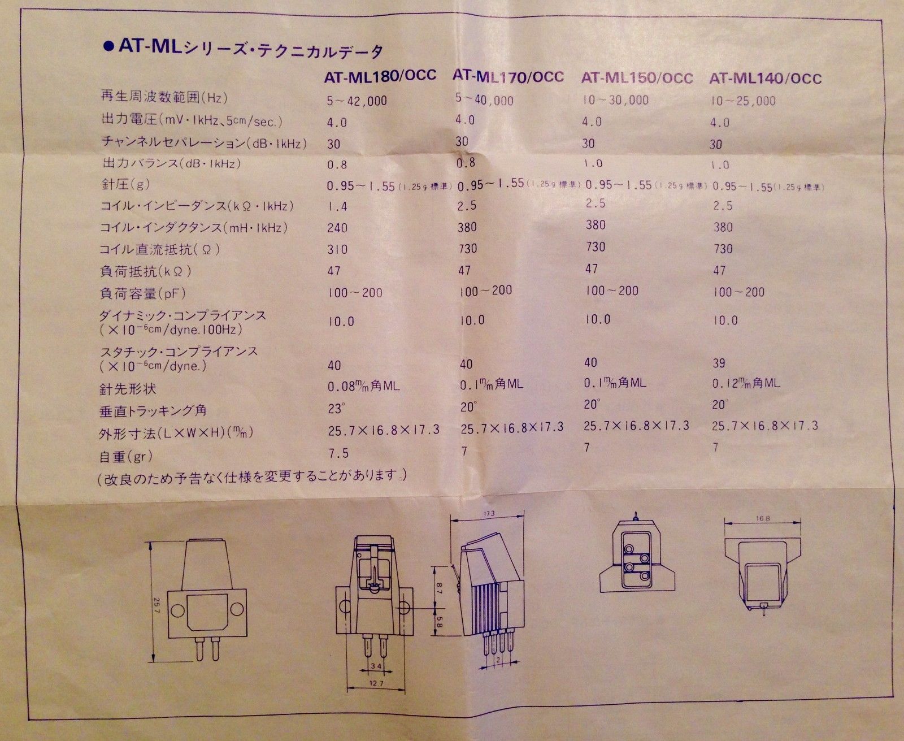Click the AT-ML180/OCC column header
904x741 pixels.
(380, 76)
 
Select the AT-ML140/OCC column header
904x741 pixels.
(765, 79)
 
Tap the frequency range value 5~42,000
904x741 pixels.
(357, 101)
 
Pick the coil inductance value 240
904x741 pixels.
(337, 228)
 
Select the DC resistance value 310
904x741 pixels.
(337, 249)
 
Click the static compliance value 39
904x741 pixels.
(719, 363)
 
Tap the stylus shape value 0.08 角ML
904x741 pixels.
(363, 386)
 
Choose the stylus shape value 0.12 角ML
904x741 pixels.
(746, 383)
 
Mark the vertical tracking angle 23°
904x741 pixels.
(337, 408)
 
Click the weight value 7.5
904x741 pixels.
(338, 453)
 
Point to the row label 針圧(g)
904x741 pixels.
(124, 184)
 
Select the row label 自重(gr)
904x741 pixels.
(125, 456)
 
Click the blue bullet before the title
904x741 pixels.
(109, 47)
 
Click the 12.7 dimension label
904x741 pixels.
(376, 683)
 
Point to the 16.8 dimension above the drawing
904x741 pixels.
(763, 518)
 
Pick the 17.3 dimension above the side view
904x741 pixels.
(489, 513)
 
